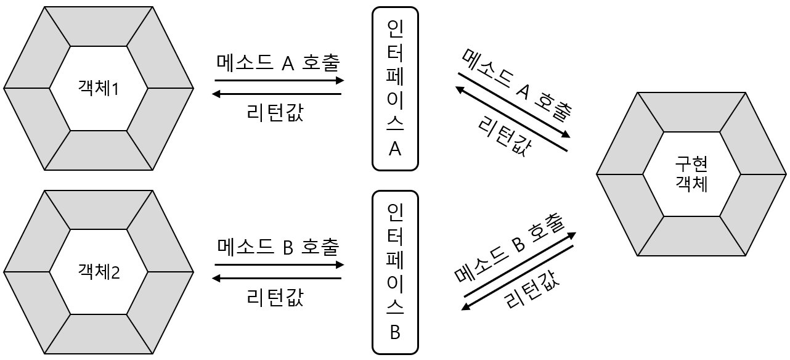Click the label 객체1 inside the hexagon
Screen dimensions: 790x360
click(99, 88)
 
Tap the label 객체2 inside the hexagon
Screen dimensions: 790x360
click(99, 271)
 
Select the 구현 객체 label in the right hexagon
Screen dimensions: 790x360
click(691, 174)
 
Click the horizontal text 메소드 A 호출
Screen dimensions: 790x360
click(279, 62)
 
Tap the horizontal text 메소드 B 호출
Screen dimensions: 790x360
click(279, 247)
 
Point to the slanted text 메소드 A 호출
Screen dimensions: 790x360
click(516, 83)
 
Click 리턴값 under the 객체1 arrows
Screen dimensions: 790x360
click(275, 113)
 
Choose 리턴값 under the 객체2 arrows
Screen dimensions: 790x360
click(275, 297)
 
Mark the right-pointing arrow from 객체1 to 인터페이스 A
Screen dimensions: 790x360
click(279, 81)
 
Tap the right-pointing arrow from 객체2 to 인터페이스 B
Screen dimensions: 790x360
click(279, 265)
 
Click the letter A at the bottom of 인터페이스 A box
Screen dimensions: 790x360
click(395, 149)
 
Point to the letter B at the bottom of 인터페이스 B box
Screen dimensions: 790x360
click(395, 332)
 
